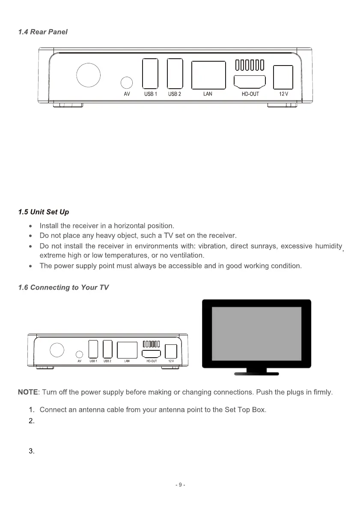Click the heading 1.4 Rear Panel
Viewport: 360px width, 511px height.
click(43, 32)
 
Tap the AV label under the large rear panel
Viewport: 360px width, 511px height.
click(127, 94)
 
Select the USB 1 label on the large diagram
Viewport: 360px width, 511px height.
click(150, 94)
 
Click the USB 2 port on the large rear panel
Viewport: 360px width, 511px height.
click(175, 74)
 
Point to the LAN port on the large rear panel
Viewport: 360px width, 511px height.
click(208, 75)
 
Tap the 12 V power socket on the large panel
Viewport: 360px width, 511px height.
click(283, 78)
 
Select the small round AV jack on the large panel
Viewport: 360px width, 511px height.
click(127, 82)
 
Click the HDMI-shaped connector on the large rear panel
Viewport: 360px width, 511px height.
click(250, 81)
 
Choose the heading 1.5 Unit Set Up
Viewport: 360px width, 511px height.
click(44, 212)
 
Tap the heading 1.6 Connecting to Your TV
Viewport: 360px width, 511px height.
click(63, 287)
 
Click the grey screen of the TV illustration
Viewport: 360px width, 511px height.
click(256, 333)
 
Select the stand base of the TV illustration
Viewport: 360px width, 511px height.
click(256, 374)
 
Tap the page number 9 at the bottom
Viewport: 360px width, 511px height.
click(180, 485)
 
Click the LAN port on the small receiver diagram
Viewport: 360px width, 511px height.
click(127, 350)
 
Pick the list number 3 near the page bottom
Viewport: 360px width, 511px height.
click(31, 451)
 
